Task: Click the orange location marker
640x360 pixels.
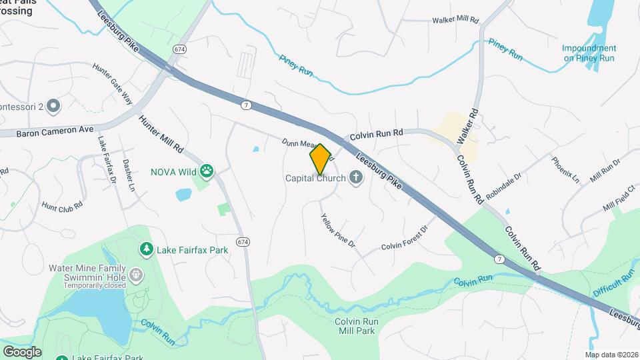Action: click(x=321, y=159)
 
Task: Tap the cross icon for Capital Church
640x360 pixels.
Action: click(x=356, y=177)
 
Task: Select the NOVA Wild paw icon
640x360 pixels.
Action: click(x=208, y=171)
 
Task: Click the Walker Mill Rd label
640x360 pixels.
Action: click(x=455, y=21)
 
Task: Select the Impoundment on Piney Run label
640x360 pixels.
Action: click(x=589, y=53)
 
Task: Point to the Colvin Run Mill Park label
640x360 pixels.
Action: click(x=356, y=326)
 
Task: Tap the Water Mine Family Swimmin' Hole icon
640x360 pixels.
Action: click(x=136, y=275)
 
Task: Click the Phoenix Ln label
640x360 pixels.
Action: click(x=565, y=169)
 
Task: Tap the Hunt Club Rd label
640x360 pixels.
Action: click(x=62, y=205)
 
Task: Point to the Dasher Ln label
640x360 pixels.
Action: click(x=129, y=175)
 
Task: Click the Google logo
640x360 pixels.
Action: click(x=22, y=351)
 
